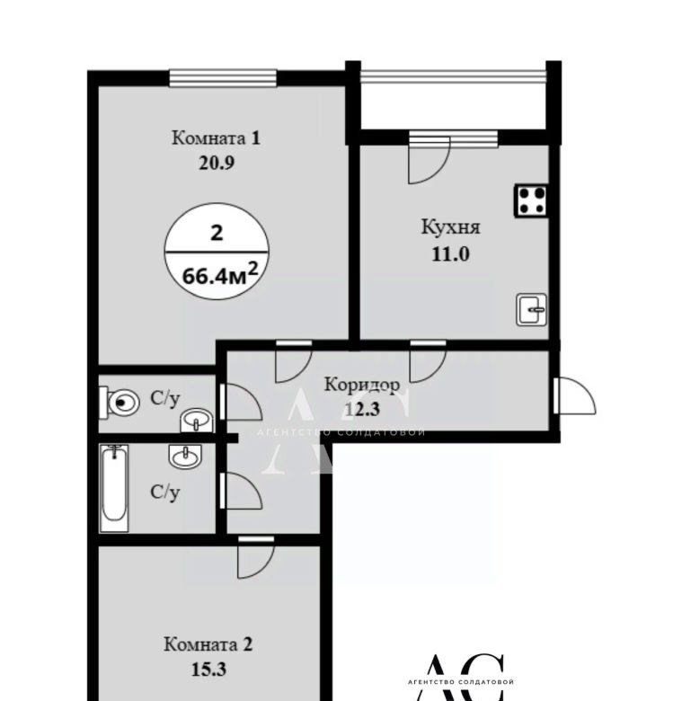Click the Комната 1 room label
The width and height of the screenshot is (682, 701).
tap(216, 138)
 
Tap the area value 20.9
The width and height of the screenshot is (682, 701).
tap(217, 164)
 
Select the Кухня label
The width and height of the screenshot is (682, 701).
tap(450, 227)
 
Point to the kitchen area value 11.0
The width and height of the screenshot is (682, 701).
tap(450, 254)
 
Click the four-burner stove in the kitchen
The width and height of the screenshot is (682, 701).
tap(531, 200)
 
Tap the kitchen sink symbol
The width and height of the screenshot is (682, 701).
tap(531, 309)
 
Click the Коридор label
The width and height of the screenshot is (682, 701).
tap(362, 386)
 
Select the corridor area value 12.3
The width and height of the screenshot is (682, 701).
tap(362, 409)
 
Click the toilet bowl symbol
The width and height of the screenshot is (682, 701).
tap(119, 403)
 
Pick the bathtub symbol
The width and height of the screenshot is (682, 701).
tap(114, 488)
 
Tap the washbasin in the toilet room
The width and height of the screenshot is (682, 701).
tap(197, 421)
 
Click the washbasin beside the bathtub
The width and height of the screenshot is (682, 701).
tap(185, 457)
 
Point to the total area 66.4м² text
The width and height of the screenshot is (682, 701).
tap(220, 274)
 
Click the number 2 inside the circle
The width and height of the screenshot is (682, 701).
tap(217, 233)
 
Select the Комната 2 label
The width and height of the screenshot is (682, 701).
tap(208, 644)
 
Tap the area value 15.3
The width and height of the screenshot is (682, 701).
tap(208, 670)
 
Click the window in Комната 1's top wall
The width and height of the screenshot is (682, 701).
tap(223, 78)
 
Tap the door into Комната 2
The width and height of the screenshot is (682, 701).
tap(255, 557)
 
